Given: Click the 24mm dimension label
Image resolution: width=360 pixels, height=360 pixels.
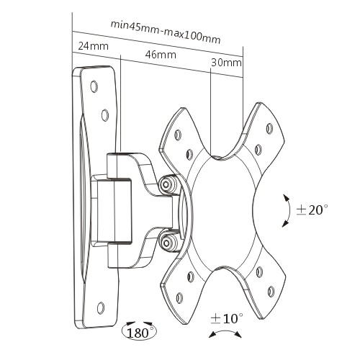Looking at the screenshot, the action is pyautogui.click(x=93, y=46).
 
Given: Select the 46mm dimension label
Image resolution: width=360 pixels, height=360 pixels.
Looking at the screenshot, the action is pyautogui.click(x=161, y=55).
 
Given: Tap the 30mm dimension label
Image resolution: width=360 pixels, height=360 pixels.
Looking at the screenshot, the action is pyautogui.click(x=226, y=63).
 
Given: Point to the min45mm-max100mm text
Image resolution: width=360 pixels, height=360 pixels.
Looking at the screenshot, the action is pyautogui.click(x=165, y=32).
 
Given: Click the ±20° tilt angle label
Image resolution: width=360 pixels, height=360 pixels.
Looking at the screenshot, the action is pyautogui.click(x=312, y=210).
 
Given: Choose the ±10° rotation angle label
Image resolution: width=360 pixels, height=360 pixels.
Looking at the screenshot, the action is pyautogui.click(x=227, y=318).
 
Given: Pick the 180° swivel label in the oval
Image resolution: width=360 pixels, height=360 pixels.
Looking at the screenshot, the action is pyautogui.click(x=140, y=332).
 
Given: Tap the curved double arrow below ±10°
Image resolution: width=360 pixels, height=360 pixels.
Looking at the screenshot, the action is pyautogui.click(x=225, y=333).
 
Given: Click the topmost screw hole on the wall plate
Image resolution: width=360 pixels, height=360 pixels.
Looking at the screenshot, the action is pyautogui.click(x=94, y=86).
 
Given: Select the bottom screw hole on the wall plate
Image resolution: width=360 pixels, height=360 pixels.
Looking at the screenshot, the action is pyautogui.click(x=101, y=307).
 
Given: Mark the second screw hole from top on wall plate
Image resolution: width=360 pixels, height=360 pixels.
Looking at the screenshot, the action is pyautogui.click(x=105, y=115).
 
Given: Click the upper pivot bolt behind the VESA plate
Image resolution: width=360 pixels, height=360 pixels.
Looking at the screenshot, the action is pyautogui.click(x=166, y=184).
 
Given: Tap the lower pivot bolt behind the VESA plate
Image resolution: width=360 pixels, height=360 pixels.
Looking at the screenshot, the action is pyautogui.click(x=166, y=243).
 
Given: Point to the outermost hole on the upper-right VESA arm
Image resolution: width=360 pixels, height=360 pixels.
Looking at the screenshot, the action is pyautogui.click(x=270, y=129).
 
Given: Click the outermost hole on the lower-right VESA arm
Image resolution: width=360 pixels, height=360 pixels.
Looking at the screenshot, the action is pyautogui.click(x=271, y=292).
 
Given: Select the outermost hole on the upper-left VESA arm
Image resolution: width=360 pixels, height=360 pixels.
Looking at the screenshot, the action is pyautogui.click(x=178, y=135).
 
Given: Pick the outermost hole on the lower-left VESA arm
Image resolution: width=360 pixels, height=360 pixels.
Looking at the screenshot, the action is pyautogui.click(x=179, y=298).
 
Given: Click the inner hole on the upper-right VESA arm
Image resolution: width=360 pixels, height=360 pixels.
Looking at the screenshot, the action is pyautogui.click(x=258, y=150).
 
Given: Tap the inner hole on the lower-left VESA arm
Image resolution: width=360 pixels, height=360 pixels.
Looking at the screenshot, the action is pyautogui.click(x=190, y=277).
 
